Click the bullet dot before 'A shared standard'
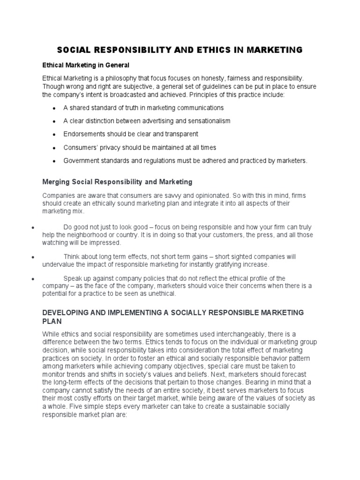pyautogui.click(x=55, y=108)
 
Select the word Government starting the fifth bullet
pyautogui.click(x=82, y=161)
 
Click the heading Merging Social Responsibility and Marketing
pyautogui.click(x=117, y=181)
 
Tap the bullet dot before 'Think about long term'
pyautogui.click(x=33, y=258)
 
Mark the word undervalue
pyautogui.click(x=59, y=265)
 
